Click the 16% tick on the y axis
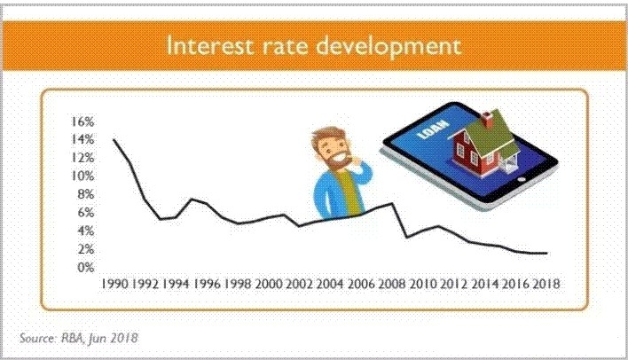coord(82,121)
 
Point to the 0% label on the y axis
coord(86,267)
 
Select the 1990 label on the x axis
coord(114,284)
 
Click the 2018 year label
coord(546,284)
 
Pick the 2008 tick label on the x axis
coord(392,284)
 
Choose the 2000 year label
coord(269,284)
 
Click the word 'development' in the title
coord(389,46)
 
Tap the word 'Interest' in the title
coord(210,45)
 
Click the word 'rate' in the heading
coord(285,47)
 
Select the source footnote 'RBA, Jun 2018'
coord(99,338)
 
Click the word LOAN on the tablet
coord(427,129)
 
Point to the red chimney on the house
coord(487,120)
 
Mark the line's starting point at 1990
coord(114,139)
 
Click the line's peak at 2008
coord(391,203)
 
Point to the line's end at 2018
coord(546,253)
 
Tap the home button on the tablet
coord(522,179)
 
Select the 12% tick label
coord(82,158)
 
